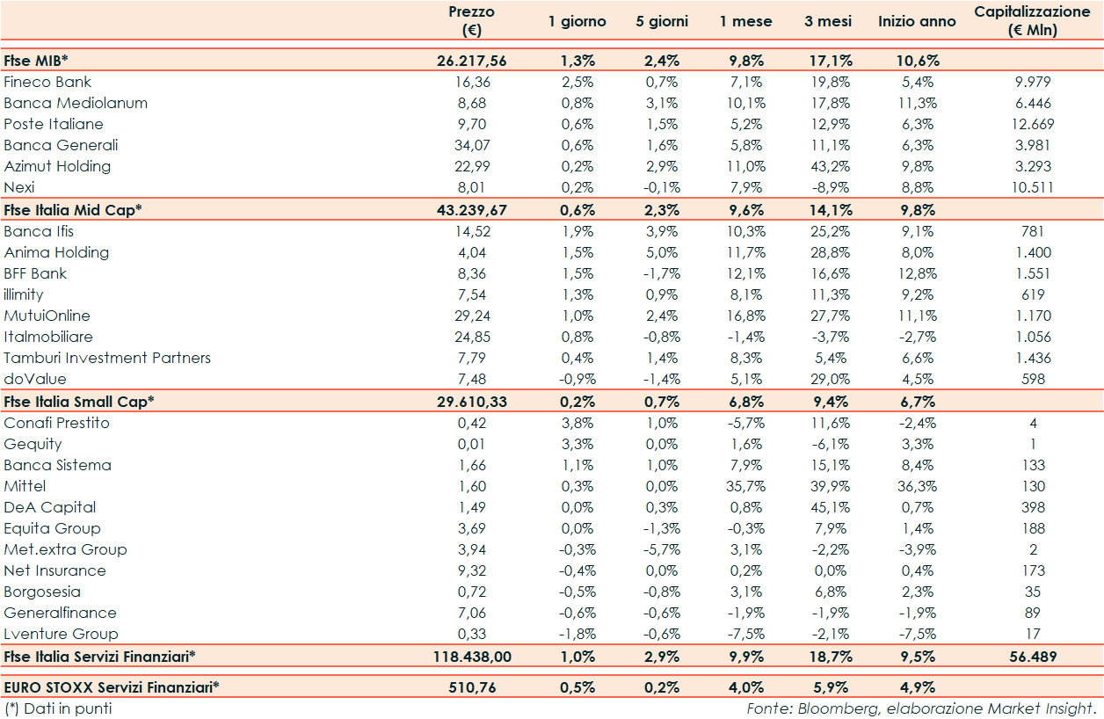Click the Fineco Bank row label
click(47, 82)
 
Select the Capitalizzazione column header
click(1032, 20)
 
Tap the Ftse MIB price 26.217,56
click(471, 61)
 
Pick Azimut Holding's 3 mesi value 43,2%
click(827, 166)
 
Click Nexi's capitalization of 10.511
click(1033, 187)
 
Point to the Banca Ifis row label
click(39, 231)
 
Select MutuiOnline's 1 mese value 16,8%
click(742, 316)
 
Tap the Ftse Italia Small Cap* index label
click(79, 401)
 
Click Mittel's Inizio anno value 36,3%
click(917, 486)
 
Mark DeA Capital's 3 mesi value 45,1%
click(827, 507)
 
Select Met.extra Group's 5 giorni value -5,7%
click(661, 549)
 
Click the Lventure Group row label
click(61, 634)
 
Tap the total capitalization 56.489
click(1033, 656)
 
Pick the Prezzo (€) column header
click(471, 20)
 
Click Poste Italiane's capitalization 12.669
click(1033, 124)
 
